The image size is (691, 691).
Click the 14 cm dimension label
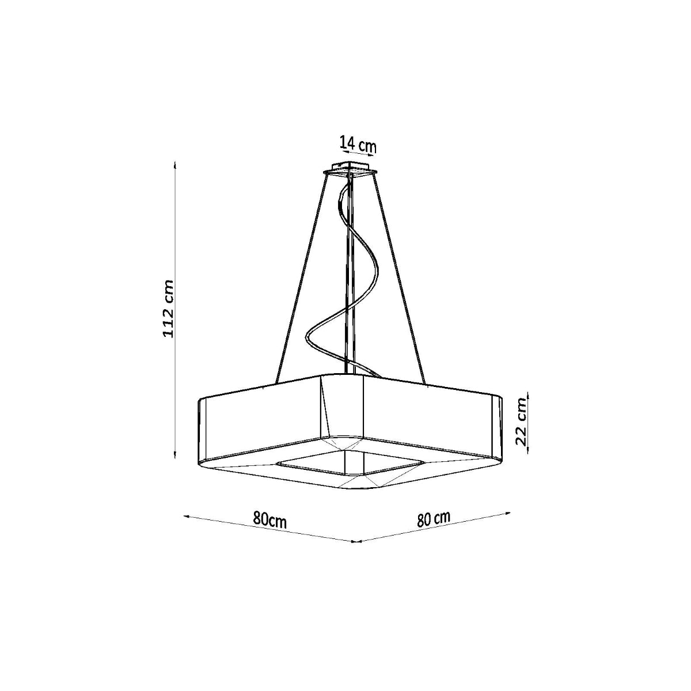point(358,144)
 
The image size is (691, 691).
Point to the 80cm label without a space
point(269,520)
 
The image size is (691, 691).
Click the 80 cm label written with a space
point(434,518)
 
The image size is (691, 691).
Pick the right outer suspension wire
point(401,276)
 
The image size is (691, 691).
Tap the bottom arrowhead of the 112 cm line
point(175,456)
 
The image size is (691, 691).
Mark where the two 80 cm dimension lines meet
point(356,541)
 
